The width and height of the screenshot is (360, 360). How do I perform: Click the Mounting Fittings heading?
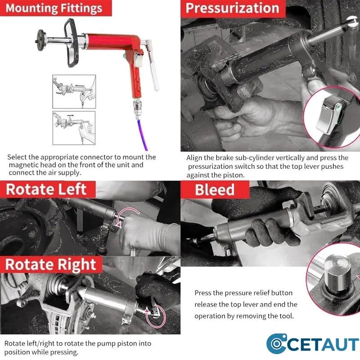54,8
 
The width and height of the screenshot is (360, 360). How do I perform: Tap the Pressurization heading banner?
233,8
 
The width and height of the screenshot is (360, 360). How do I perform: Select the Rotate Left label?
46,189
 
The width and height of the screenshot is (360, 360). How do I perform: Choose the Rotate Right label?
51,265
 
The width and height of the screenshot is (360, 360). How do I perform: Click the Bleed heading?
215,190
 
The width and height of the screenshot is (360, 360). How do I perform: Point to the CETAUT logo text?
322,344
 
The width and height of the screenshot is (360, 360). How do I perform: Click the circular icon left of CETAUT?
276,344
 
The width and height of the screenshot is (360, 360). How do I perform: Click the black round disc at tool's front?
40,40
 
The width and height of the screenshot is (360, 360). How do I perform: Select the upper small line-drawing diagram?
74,92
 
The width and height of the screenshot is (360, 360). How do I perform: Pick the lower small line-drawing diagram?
74,128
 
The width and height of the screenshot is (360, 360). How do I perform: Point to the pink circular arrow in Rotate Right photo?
156,315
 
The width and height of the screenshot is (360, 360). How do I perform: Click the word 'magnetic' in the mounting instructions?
23,165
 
